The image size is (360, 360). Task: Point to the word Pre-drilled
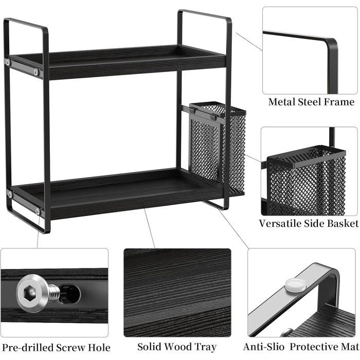(28, 348)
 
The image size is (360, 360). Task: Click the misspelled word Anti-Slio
(263, 347)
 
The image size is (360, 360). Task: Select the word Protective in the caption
(312, 347)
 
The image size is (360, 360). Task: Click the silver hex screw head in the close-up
(32, 294)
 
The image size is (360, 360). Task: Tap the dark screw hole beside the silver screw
(70, 294)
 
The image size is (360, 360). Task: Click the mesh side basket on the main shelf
(217, 148)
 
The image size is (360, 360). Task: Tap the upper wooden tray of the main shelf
(117, 62)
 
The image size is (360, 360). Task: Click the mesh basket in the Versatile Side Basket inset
(307, 182)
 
